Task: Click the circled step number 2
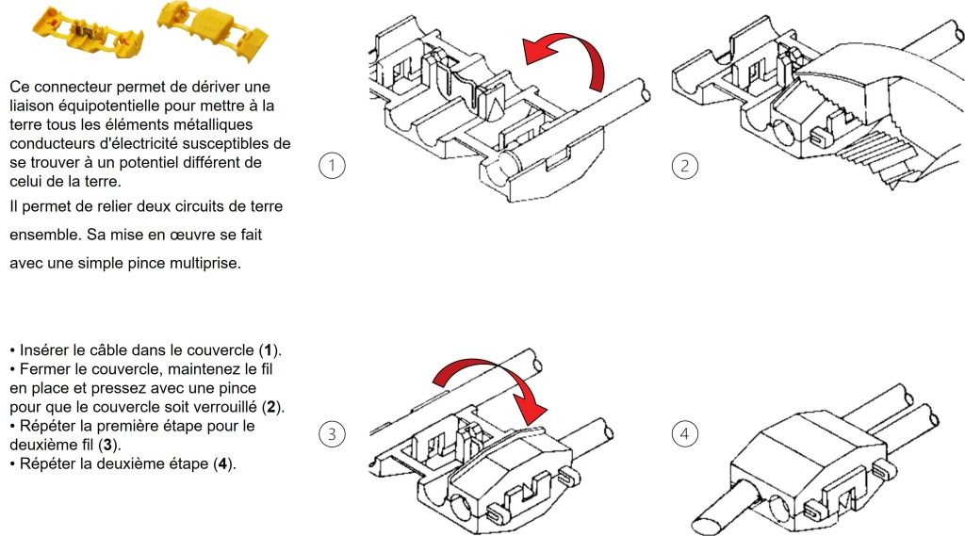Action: click(x=684, y=166)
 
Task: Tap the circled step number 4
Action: click(x=684, y=434)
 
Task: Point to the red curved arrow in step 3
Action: click(x=491, y=382)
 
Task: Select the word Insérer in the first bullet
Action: click(x=44, y=349)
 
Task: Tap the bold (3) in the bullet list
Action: click(x=110, y=444)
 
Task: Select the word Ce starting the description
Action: click(x=20, y=85)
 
